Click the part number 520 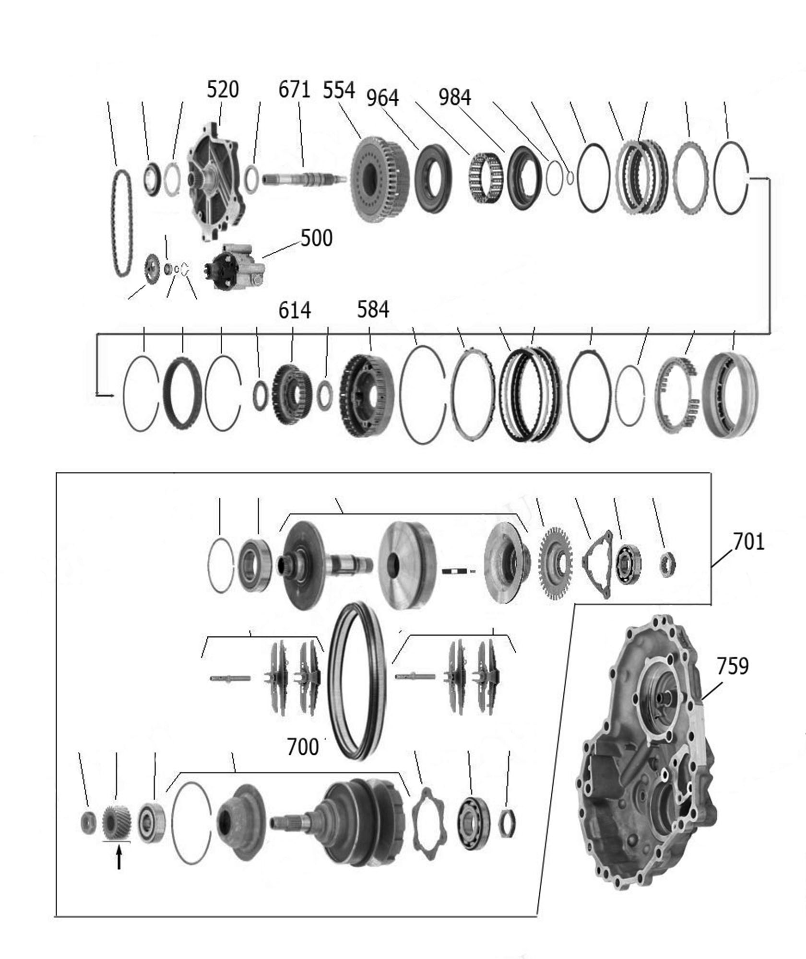click(223, 90)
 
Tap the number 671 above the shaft click(295, 90)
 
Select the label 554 click(339, 90)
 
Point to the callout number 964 click(383, 98)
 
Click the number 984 click(455, 97)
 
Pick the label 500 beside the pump click(317, 238)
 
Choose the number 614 click(295, 310)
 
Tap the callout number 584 click(373, 310)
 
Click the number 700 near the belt click(302, 747)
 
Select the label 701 click(748, 542)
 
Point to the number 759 click(733, 667)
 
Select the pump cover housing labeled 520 click(216, 181)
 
